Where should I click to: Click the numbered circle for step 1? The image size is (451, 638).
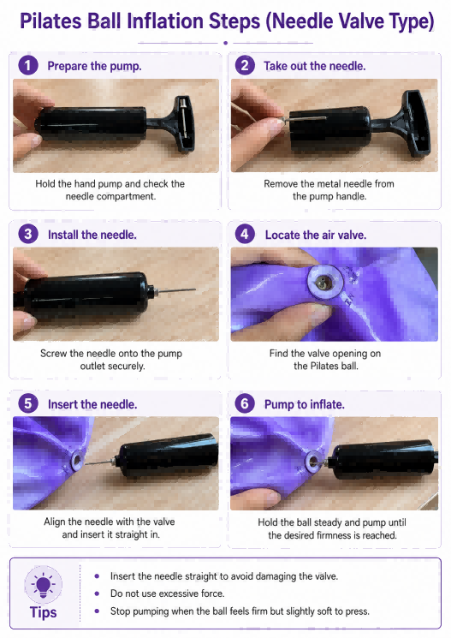[x=28, y=66]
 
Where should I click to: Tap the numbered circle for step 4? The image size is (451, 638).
[x=245, y=235]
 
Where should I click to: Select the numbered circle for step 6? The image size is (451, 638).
[x=245, y=403]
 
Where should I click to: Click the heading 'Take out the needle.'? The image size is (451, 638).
[x=315, y=66]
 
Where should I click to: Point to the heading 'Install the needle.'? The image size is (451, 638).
[x=92, y=235]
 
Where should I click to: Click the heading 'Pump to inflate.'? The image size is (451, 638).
[x=305, y=404]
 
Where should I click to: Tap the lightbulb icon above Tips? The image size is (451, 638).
[x=43, y=585]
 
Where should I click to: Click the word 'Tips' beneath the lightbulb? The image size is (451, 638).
[x=43, y=612]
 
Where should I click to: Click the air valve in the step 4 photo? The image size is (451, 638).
[x=325, y=282]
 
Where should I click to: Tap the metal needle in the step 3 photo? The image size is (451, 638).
[x=175, y=291]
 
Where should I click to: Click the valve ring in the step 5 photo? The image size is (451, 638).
[x=76, y=461]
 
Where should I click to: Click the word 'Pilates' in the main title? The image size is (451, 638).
[x=50, y=21]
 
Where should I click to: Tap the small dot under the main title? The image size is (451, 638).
[x=226, y=43]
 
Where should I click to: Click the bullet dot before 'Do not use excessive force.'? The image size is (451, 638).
[x=97, y=593]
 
